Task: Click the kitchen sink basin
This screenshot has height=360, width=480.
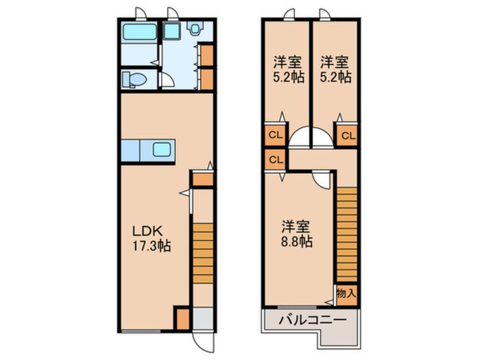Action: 162,150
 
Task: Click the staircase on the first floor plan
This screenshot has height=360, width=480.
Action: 202,252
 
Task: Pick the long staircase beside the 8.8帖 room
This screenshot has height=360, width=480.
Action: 347,234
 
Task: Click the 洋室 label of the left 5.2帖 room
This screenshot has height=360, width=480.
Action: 287,61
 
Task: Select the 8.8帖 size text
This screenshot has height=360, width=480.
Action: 296,241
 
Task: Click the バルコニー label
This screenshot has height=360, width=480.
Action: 311,320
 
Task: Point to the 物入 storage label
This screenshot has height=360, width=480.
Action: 346,294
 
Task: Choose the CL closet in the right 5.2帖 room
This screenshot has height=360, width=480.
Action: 348,136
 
